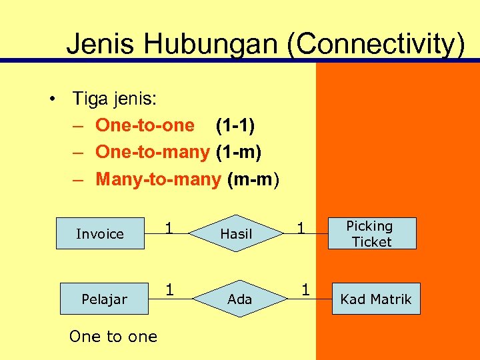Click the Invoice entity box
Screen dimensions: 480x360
click(100, 233)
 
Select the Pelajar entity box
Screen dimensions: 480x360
click(104, 299)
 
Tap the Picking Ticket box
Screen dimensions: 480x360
click(372, 233)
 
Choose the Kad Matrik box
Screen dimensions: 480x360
click(376, 299)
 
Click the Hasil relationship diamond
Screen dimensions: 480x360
click(236, 233)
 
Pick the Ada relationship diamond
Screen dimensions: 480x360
click(239, 299)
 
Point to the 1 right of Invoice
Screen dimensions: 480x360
click(169, 228)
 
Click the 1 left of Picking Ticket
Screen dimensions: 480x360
click(301, 229)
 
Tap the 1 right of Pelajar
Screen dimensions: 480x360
click(170, 290)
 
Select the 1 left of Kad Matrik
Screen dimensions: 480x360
click(305, 290)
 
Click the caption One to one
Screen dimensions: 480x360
click(113, 337)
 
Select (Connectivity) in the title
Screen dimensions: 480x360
click(377, 44)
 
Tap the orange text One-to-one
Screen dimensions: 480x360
click(145, 125)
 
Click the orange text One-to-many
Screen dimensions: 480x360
click(153, 152)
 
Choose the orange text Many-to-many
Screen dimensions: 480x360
click(158, 179)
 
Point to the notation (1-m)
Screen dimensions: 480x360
click(239, 152)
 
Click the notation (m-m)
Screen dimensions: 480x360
click(254, 179)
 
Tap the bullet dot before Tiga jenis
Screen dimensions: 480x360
click(51, 99)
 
